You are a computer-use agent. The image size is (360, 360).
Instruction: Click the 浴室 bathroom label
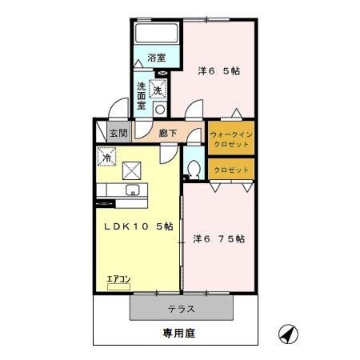157,58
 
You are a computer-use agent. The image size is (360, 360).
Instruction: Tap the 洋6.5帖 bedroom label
219,70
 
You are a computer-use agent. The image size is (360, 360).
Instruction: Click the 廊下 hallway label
167,134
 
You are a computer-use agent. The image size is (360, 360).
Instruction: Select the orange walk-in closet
231,137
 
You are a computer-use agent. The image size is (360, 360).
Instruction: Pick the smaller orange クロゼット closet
231,170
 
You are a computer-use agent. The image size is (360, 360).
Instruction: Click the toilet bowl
193,168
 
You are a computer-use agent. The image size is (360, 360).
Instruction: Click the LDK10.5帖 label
137,226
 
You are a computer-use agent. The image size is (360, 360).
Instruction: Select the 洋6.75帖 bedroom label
218,238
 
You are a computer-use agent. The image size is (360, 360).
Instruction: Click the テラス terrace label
182,308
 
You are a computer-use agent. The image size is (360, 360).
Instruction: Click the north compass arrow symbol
288,332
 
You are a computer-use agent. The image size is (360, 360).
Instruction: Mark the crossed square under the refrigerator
132,170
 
